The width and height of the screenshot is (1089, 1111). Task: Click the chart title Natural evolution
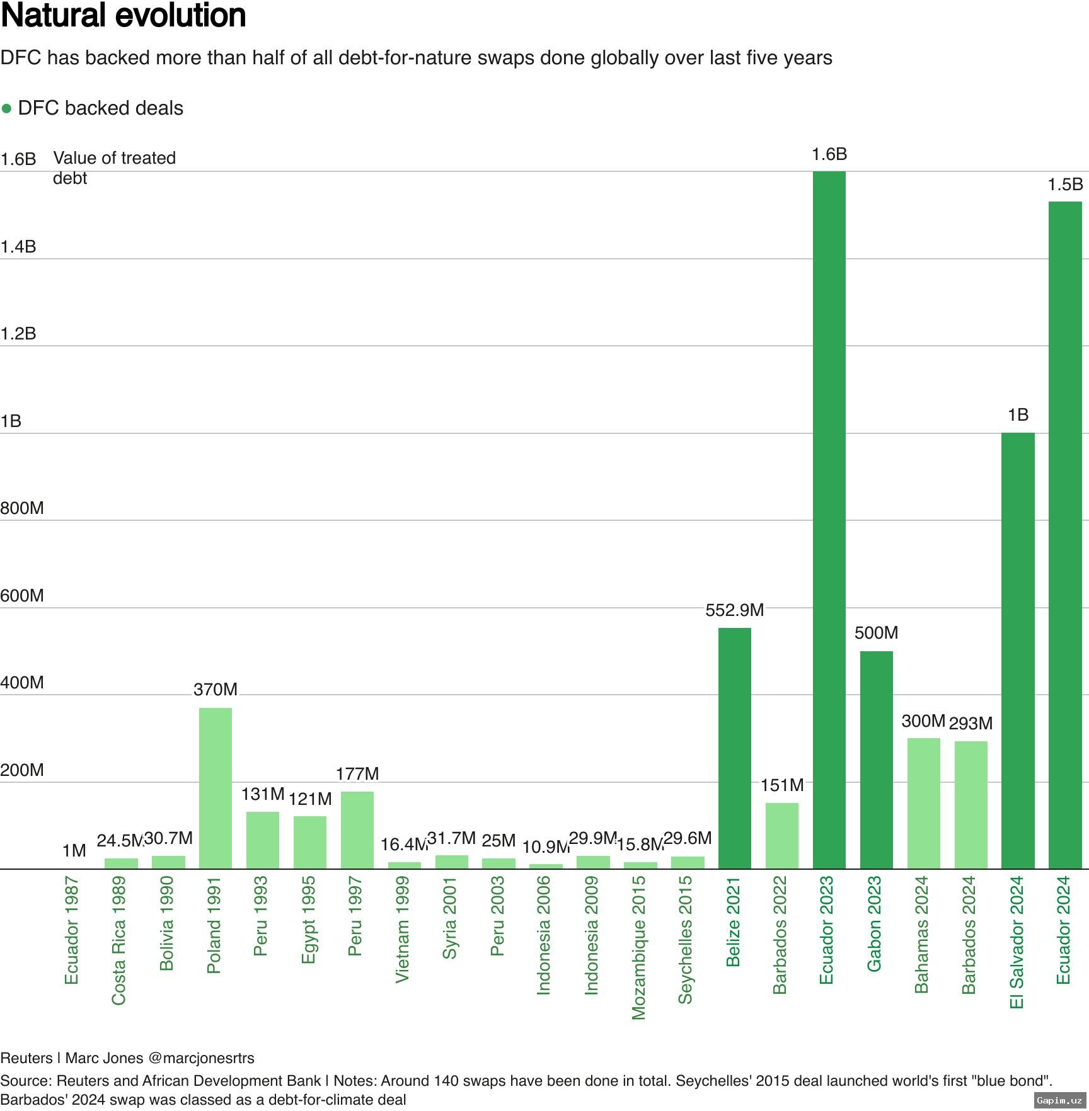(x=124, y=16)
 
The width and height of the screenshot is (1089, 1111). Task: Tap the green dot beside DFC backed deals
(x=7, y=109)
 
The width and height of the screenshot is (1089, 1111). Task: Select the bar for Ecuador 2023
(x=829, y=520)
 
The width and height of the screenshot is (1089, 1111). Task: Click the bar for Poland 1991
(x=216, y=788)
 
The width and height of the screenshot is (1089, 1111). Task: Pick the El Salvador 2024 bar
(x=1018, y=651)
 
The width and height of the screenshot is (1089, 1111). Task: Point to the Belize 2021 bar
(x=734, y=748)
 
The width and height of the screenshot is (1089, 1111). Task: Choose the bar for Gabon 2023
(x=876, y=760)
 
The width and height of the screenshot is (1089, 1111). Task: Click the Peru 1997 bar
(x=357, y=830)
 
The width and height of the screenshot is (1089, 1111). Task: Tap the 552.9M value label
(x=734, y=610)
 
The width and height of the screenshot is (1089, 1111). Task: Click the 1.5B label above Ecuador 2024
(x=1065, y=185)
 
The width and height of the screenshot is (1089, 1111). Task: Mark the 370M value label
(x=216, y=690)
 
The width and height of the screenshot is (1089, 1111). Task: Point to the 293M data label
(x=971, y=723)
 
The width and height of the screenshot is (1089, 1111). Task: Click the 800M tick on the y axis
(x=22, y=508)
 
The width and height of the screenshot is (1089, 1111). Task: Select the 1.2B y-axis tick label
(x=18, y=334)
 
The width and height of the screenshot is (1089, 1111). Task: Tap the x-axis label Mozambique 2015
(x=639, y=947)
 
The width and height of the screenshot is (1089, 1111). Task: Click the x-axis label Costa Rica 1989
(x=119, y=940)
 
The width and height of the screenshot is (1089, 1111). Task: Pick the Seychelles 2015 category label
(x=686, y=939)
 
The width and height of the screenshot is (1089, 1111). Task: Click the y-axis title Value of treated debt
(x=114, y=168)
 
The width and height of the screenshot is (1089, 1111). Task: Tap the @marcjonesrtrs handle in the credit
(x=201, y=1057)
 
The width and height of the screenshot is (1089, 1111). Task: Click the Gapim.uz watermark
(x=1059, y=1100)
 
